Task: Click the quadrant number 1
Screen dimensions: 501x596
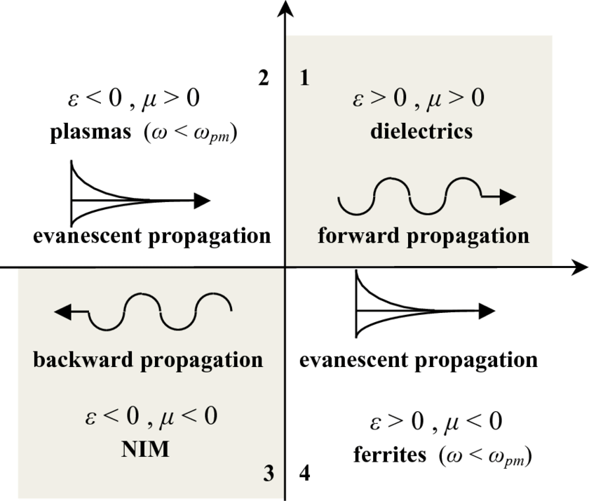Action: coord(304,79)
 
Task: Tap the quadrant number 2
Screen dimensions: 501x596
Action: coord(264,79)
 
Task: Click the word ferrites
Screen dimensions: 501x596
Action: coord(389,455)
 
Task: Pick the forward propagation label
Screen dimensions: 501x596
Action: coord(423,235)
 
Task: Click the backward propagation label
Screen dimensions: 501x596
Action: coord(148,360)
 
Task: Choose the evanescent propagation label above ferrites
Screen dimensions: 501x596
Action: coord(419,360)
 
